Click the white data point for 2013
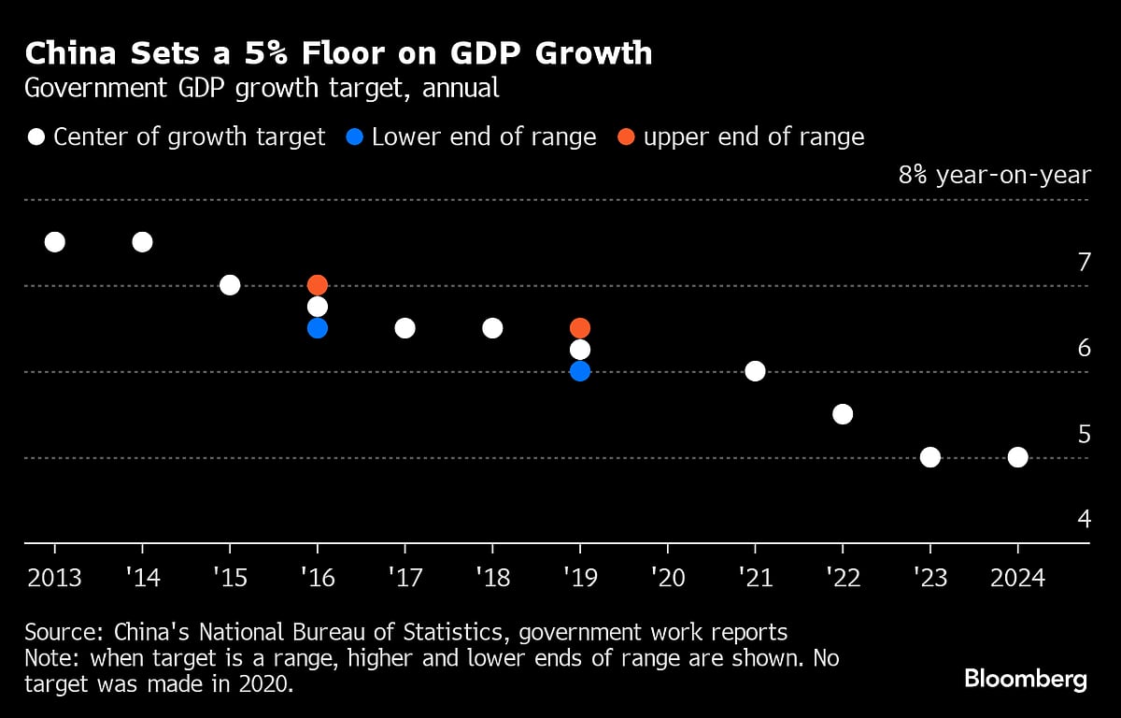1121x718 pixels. coord(55,242)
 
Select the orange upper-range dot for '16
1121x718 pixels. coord(318,285)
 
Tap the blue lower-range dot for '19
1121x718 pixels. coord(580,371)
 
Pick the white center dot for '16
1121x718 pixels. coord(318,307)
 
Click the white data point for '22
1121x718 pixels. coord(843,414)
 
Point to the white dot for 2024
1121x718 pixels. coord(1018,457)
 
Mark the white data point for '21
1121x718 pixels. coord(755,371)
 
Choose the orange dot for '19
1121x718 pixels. coord(580,328)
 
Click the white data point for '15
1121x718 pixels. coord(230,285)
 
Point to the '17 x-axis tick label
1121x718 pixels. coord(404,577)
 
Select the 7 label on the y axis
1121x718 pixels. coord(1084,263)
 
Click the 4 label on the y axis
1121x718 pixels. coord(1084,518)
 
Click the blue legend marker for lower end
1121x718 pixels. coord(354,137)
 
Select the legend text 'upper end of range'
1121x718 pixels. coord(754,137)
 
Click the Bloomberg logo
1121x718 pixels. coord(1025,679)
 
